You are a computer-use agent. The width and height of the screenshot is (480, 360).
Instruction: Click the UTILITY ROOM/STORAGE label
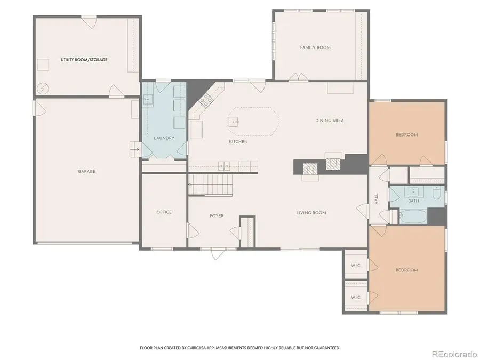point(84,60)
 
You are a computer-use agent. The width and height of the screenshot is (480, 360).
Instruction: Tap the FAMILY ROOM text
point(315,47)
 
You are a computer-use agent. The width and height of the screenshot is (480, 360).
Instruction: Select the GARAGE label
point(86,171)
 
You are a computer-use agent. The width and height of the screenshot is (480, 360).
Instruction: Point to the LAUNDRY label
point(164,138)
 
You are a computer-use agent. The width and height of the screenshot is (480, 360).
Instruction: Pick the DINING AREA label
point(330,121)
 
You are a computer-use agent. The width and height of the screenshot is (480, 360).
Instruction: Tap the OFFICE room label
point(164,212)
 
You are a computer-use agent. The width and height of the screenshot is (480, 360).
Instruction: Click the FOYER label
point(217,215)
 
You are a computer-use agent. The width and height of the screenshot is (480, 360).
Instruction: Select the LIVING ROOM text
point(311,213)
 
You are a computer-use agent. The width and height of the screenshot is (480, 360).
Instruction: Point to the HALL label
point(376,198)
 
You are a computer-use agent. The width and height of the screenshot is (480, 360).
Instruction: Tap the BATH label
point(413,201)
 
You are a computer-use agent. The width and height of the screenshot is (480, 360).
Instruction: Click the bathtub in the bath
point(412,217)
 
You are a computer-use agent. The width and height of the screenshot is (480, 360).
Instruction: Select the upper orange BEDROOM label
point(406,135)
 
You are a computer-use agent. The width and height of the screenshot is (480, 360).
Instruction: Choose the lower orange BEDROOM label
point(406,270)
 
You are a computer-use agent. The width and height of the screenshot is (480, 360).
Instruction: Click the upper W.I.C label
point(355,266)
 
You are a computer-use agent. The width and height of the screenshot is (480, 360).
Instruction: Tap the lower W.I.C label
point(355,298)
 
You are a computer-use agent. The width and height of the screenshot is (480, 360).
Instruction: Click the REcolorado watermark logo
point(454,354)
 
